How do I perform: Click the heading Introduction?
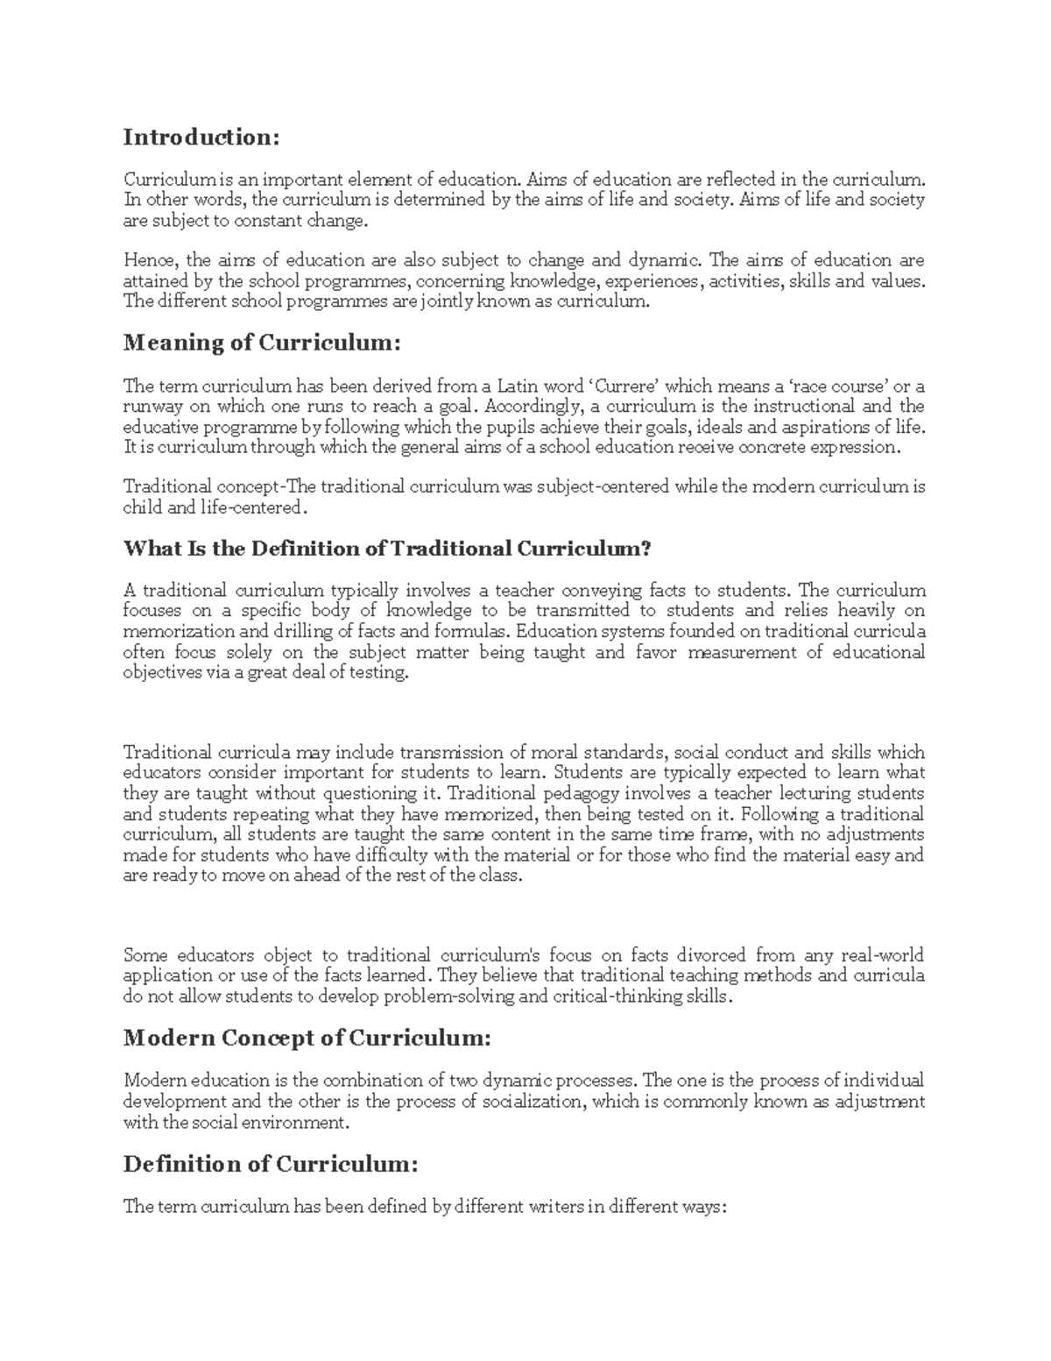pos(201,138)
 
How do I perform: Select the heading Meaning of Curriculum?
pos(261,344)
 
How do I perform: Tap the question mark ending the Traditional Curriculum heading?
pos(647,549)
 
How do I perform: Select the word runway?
pos(151,407)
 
